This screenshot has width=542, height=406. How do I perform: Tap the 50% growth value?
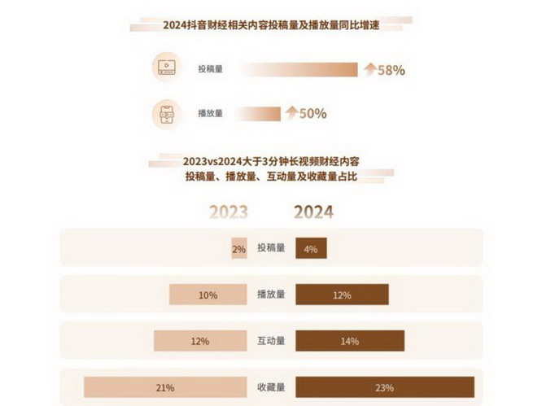(x=313, y=113)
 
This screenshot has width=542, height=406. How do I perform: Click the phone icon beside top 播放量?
(x=166, y=113)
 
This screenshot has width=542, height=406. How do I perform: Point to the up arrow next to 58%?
(x=369, y=70)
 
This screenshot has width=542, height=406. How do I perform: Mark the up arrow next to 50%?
(x=291, y=113)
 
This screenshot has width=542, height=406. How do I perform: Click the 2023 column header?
(x=228, y=212)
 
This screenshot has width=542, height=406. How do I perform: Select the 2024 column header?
(x=313, y=212)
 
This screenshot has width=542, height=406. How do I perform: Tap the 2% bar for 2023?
(x=238, y=249)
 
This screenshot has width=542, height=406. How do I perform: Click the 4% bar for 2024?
(x=311, y=249)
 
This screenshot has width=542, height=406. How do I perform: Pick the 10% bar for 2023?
(x=208, y=295)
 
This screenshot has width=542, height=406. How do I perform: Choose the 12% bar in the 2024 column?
(x=342, y=295)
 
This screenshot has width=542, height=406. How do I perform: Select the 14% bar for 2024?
(x=350, y=341)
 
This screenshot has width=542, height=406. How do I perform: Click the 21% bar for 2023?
(x=164, y=387)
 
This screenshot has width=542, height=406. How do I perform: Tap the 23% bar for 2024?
(x=384, y=387)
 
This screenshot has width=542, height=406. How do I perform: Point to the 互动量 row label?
(x=270, y=341)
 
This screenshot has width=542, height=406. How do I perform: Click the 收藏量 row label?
(x=270, y=387)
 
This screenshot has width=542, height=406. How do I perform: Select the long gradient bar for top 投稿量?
(x=296, y=70)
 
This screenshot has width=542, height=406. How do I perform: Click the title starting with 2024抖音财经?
(x=271, y=26)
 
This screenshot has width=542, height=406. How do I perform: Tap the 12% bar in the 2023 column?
(x=200, y=341)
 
